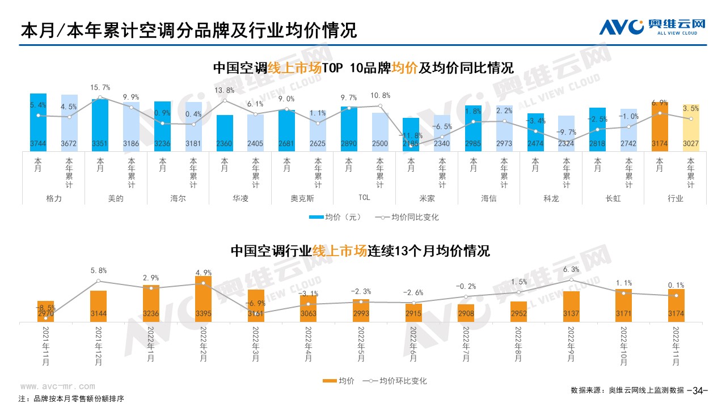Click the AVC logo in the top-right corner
652,27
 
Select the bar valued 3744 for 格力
39,122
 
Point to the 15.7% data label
100,88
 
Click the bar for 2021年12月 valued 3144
98,307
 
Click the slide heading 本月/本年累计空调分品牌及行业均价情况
188,30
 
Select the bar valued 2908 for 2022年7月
465,313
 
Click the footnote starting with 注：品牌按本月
71,398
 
